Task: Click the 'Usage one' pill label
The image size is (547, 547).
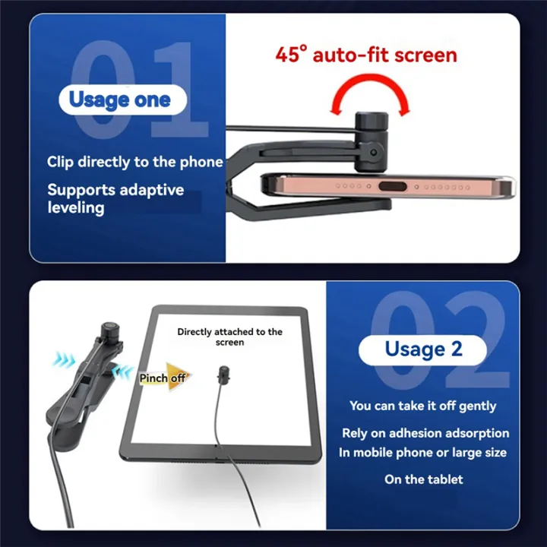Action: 119,100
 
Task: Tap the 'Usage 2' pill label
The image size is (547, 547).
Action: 422,349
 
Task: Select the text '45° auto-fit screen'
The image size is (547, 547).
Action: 366,55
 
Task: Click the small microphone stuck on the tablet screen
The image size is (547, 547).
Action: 223,374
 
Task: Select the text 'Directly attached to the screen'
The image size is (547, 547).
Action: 229,337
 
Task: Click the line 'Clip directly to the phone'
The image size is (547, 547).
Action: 134,162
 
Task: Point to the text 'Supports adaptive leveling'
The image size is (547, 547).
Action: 115,198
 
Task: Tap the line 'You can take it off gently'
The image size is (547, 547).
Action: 422,406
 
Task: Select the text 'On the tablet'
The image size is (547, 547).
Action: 423,479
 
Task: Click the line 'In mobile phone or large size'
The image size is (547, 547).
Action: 422,453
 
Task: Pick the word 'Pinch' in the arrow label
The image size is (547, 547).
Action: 153,378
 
